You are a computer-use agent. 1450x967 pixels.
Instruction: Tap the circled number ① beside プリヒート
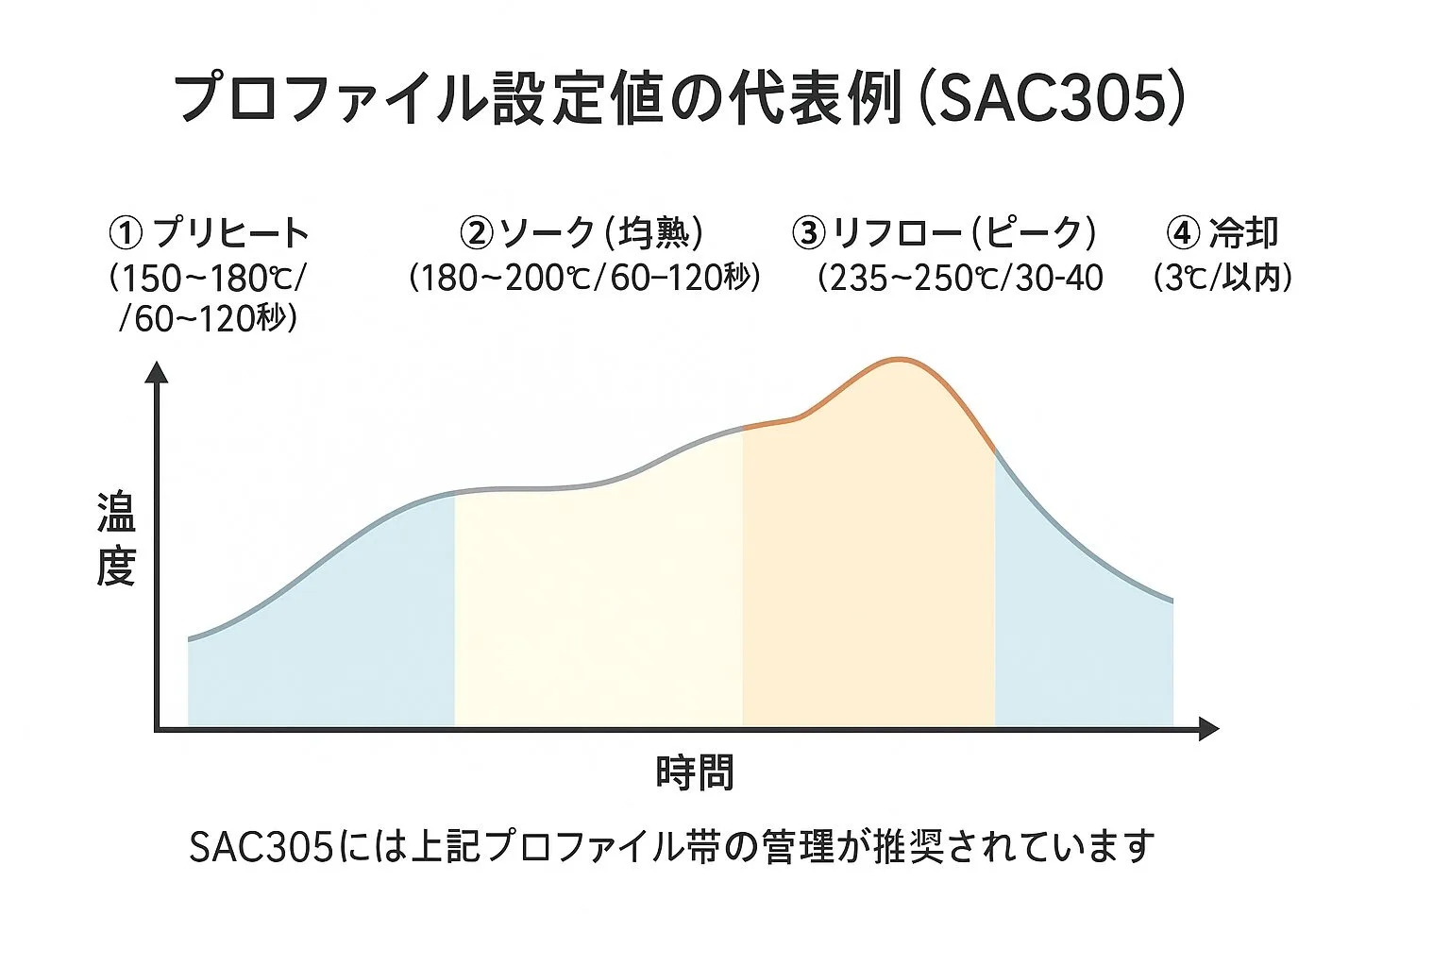126,231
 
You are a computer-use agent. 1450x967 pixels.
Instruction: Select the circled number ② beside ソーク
476,231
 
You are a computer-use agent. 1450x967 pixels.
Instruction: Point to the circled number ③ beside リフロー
808,231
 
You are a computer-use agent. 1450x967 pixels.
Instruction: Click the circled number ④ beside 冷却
1183,231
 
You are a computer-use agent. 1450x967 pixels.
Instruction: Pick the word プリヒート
230,232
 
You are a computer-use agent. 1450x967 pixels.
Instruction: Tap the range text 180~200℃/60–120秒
584,278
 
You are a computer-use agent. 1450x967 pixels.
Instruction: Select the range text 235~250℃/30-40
960,278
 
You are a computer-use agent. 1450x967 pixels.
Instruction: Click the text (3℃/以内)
1223,278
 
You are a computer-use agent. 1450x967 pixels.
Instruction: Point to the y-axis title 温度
116,539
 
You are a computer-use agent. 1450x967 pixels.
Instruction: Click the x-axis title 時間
695,772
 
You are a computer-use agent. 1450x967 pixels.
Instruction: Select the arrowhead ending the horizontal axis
1207,728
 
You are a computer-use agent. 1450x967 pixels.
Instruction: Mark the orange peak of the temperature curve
899,360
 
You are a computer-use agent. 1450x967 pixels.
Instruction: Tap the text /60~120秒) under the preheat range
209,319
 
